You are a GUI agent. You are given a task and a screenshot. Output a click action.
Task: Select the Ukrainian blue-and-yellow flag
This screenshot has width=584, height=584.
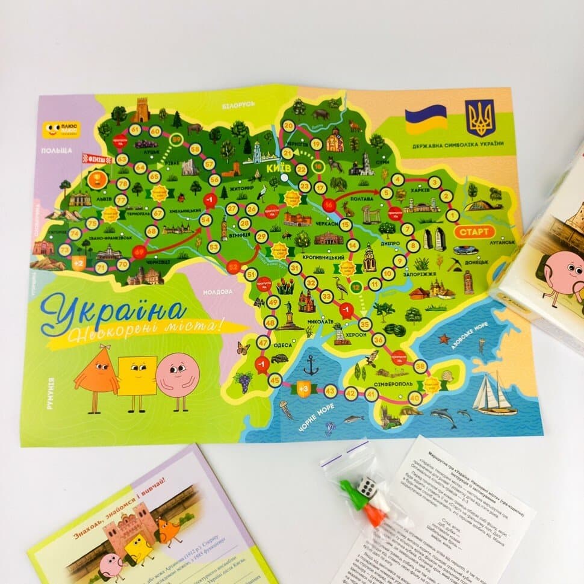(x=426, y=119)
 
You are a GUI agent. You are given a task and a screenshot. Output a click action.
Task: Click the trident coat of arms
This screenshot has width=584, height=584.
(x=480, y=118)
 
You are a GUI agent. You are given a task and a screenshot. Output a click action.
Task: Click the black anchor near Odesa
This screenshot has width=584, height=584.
(x=311, y=365)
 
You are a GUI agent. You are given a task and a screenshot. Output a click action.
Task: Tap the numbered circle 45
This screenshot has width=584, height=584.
(x=275, y=380)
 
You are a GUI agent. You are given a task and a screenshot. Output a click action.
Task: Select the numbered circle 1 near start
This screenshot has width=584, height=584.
(x=453, y=216)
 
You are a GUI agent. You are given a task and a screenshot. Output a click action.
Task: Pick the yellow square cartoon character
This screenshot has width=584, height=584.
(x=137, y=378)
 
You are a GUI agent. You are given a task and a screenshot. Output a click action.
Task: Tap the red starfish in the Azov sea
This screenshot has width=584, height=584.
(x=444, y=338)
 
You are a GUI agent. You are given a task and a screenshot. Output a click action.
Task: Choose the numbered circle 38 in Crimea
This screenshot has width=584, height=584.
(x=421, y=366)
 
